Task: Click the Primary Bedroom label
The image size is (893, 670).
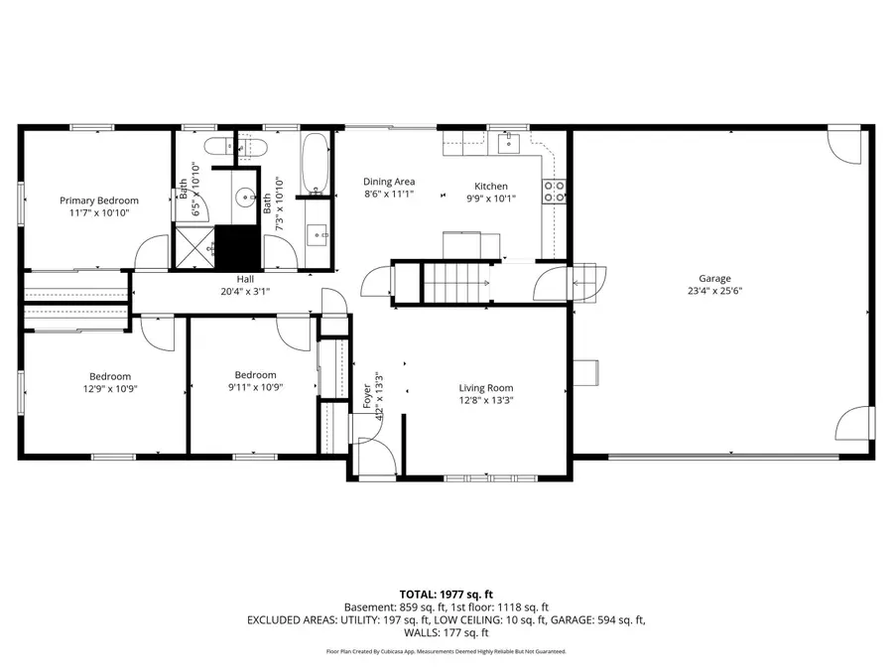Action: pyautogui.click(x=98, y=200)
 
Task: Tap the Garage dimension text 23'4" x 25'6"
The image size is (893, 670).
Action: pyautogui.click(x=713, y=292)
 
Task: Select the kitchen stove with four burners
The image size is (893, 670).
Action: pyautogui.click(x=553, y=191)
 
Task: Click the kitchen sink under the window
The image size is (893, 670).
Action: pyautogui.click(x=509, y=143)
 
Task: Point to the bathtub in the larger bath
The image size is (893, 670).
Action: pyautogui.click(x=317, y=164)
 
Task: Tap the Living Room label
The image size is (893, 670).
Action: pyautogui.click(x=485, y=388)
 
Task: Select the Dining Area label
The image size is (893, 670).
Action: pyautogui.click(x=388, y=182)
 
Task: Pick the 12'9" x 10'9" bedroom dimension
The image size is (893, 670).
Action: pyautogui.click(x=109, y=389)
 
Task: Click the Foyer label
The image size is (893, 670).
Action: pyautogui.click(x=366, y=395)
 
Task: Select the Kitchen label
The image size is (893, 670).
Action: pyautogui.click(x=490, y=187)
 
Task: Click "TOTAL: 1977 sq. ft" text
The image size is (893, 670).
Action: pyautogui.click(x=446, y=593)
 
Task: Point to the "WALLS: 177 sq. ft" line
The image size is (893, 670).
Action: pyautogui.click(x=446, y=632)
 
